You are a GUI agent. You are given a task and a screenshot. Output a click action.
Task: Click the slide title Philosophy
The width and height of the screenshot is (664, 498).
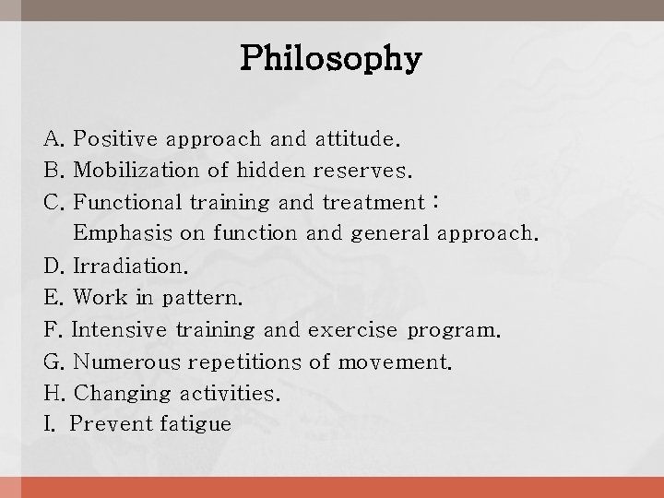point(331,60)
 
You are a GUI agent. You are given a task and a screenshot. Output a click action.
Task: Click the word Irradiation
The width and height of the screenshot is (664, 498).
point(128,267)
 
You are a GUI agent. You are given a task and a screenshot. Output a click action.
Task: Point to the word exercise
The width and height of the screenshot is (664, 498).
point(353,330)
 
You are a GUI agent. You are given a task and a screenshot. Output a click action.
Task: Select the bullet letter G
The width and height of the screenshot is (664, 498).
point(52,362)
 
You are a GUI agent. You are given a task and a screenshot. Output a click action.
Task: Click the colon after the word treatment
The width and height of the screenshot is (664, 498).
point(436,203)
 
